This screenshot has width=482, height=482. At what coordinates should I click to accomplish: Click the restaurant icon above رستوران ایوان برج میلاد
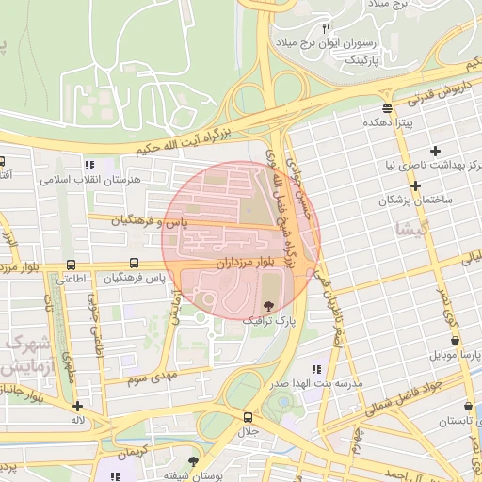327,28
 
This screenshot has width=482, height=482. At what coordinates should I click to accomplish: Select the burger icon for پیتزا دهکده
387,108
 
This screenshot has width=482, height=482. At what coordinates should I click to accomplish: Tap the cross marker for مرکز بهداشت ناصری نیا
435,151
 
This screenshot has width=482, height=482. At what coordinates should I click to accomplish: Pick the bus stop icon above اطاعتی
72,265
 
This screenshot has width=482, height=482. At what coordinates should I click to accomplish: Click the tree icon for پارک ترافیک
271,305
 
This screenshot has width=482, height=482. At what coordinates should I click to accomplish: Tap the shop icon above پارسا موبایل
456,340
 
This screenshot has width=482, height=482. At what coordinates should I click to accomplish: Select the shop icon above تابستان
468,406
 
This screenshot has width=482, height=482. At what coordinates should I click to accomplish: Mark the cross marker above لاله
77,406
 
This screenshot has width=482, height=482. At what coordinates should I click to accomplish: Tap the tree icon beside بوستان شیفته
194,461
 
